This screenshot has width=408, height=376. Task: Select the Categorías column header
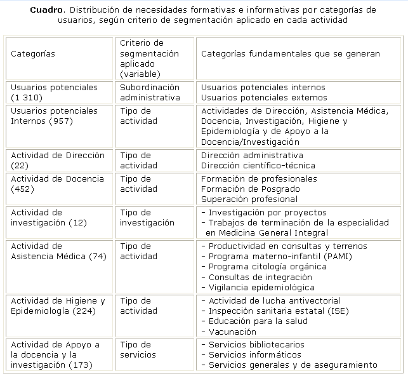(x=33, y=54)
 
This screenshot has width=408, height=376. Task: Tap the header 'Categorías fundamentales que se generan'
(x=290, y=54)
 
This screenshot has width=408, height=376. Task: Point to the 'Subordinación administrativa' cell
(x=150, y=92)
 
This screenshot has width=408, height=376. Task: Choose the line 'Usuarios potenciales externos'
(x=264, y=97)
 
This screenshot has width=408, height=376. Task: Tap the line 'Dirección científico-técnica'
(x=258, y=165)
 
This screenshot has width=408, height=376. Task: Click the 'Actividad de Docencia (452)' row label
(x=57, y=184)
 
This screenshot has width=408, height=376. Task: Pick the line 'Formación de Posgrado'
(x=249, y=189)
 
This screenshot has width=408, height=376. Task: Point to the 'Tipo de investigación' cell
(x=147, y=217)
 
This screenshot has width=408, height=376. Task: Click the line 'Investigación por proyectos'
(x=267, y=212)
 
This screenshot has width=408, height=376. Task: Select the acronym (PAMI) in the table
(x=338, y=256)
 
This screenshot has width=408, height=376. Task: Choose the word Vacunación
(x=232, y=332)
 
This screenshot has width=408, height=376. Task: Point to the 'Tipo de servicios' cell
(x=142, y=349)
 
